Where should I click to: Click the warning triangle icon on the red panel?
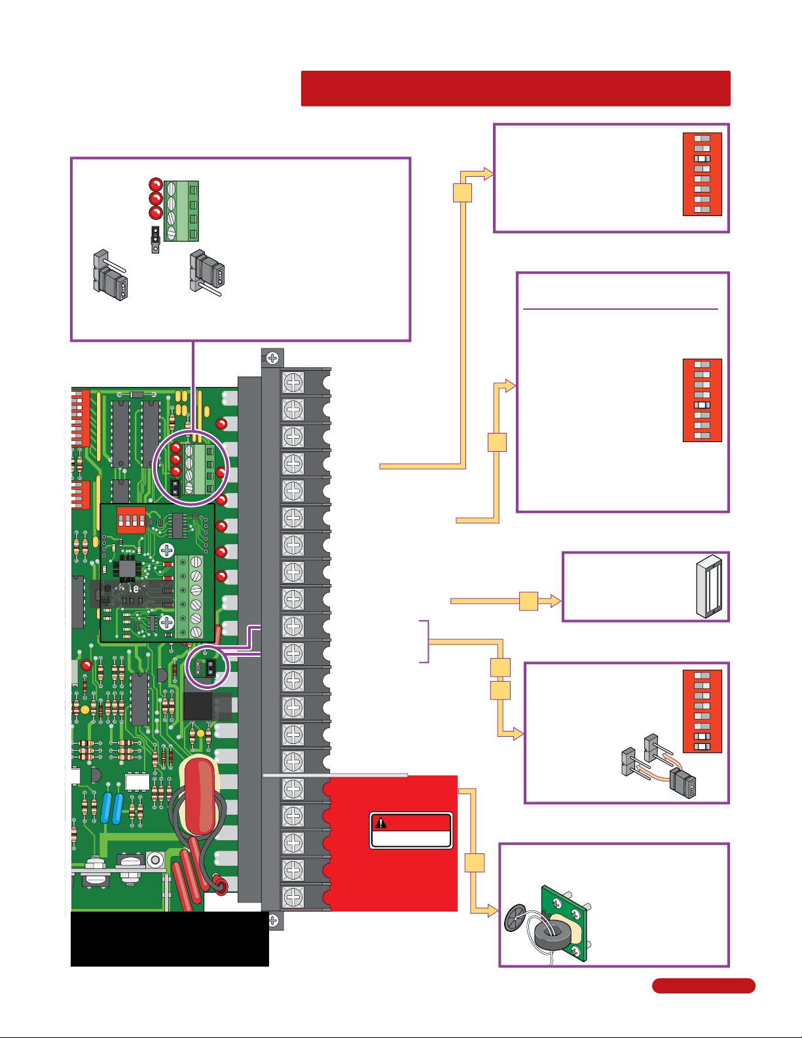point(380,823)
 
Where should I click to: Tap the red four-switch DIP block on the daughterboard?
point(131,519)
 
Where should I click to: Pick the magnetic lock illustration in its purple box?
point(709,586)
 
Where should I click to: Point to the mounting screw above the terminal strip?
point(272,358)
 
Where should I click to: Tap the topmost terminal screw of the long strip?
point(293,382)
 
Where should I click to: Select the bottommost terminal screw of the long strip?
point(293,897)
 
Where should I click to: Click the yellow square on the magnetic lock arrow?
point(528,601)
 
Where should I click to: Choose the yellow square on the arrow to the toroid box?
point(475,863)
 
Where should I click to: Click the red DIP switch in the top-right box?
point(702,174)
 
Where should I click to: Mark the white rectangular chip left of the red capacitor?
point(137,781)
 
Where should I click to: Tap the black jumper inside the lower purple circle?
point(210,667)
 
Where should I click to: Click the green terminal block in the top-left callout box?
point(181,211)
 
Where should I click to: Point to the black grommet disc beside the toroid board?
point(514,918)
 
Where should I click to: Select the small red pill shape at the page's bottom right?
point(703,986)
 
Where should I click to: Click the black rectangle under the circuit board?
point(170,939)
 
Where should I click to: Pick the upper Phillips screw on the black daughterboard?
point(167,550)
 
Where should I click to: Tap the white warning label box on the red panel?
point(411,839)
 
